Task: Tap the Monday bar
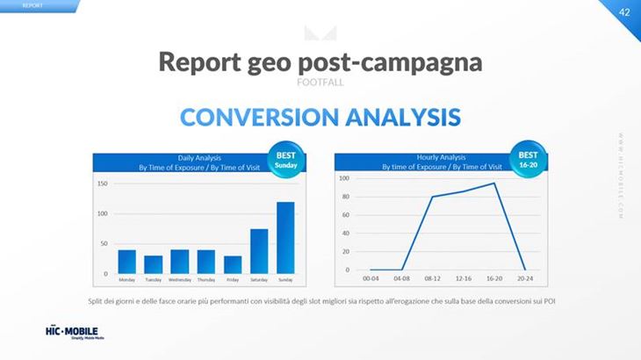click(x=126, y=261)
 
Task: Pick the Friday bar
click(x=233, y=263)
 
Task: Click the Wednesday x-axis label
click(x=179, y=279)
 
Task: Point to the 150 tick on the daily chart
click(x=103, y=184)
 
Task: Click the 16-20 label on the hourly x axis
click(x=494, y=279)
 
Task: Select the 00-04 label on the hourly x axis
click(x=371, y=279)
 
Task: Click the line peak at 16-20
click(x=494, y=184)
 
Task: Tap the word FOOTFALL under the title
click(x=320, y=82)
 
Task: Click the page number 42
click(x=624, y=11)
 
